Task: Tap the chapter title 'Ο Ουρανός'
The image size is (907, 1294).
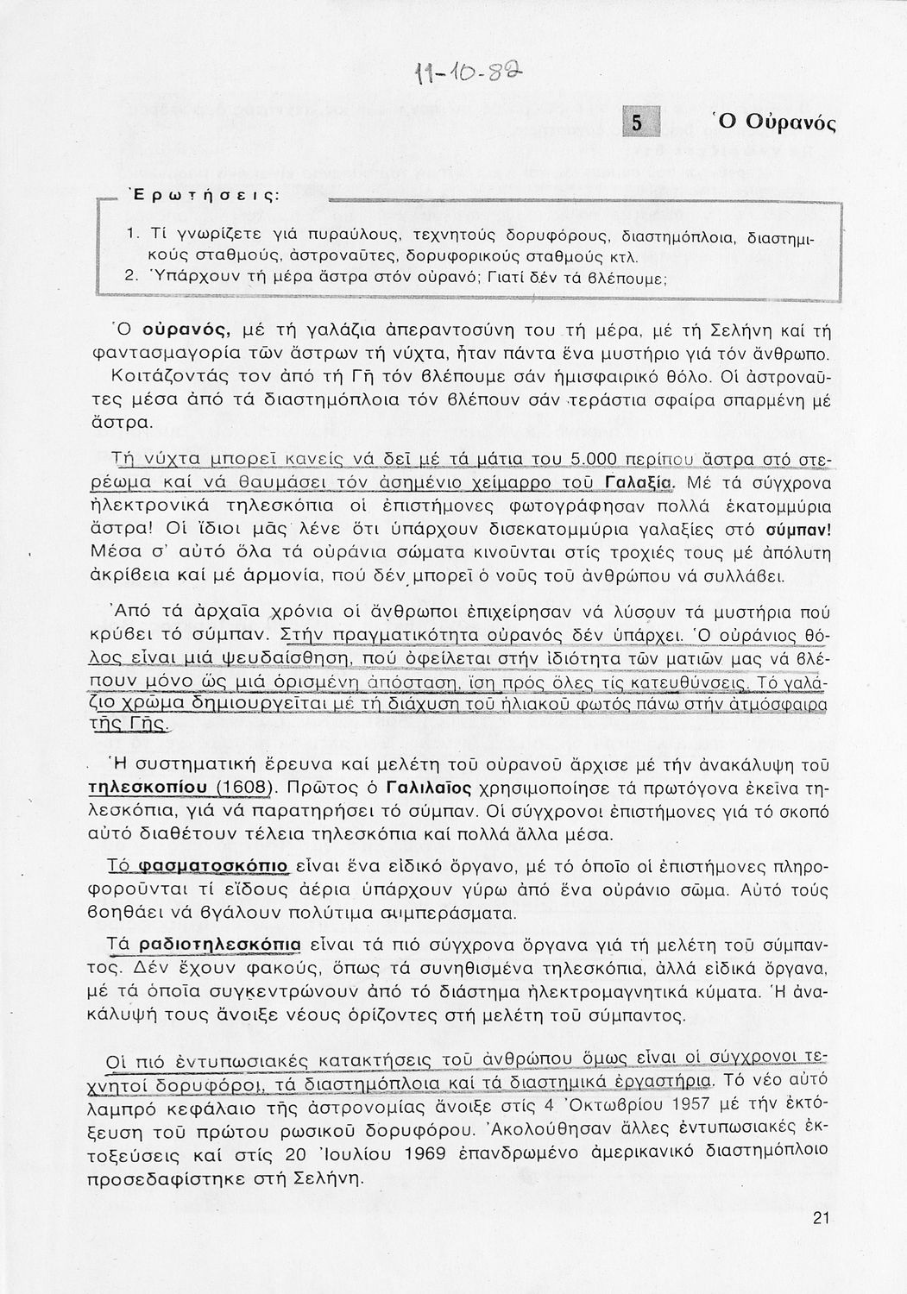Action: point(773,122)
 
